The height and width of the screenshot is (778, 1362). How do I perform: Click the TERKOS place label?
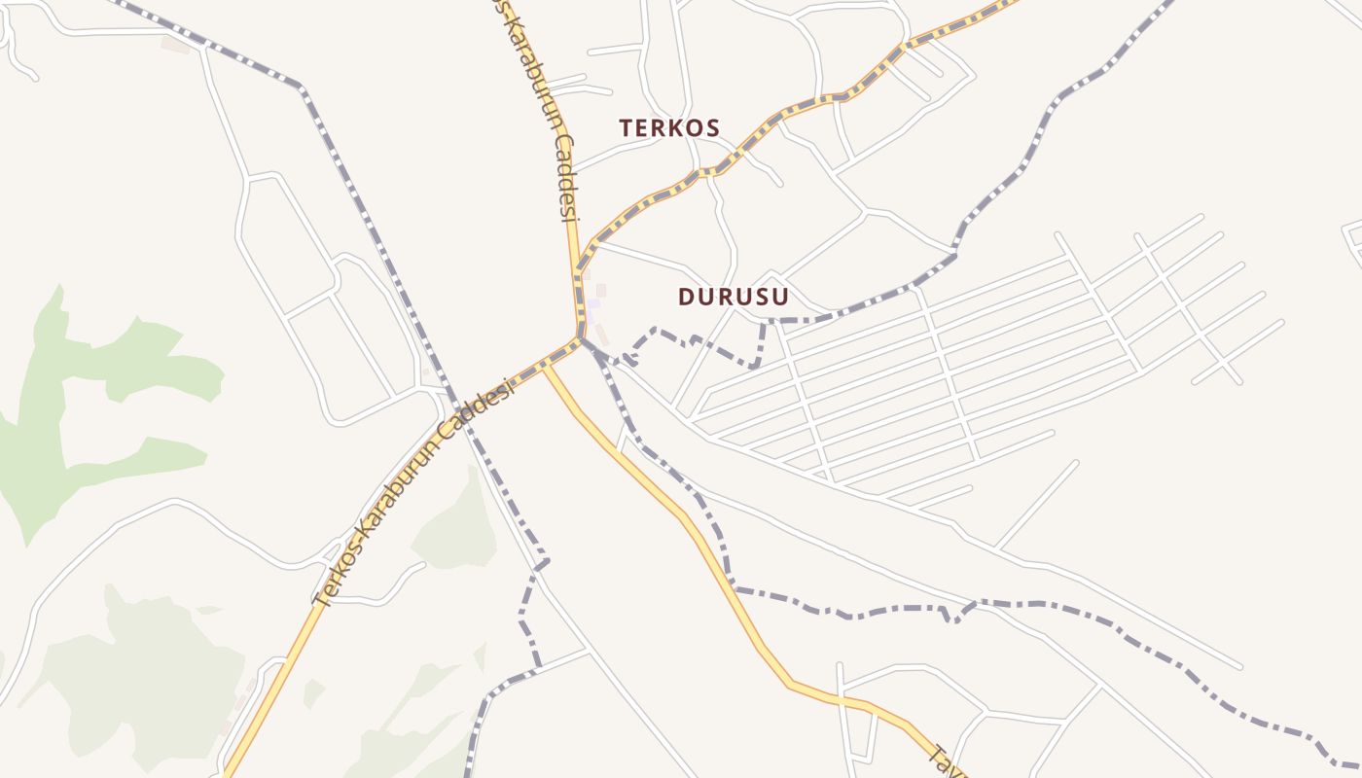(669, 127)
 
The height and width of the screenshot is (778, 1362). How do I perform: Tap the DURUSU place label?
(733, 296)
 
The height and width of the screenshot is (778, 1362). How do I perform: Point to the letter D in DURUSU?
(685, 296)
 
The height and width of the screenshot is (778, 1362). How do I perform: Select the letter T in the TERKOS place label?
(626, 127)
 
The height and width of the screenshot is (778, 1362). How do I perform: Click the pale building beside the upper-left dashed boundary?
(176, 44)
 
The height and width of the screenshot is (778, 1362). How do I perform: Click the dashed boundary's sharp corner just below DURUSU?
(755, 366)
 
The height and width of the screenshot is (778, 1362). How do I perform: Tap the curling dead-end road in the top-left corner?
(19, 53)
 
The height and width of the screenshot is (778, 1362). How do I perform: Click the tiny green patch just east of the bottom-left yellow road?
(312, 692)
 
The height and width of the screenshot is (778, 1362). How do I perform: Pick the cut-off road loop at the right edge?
(1352, 238)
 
